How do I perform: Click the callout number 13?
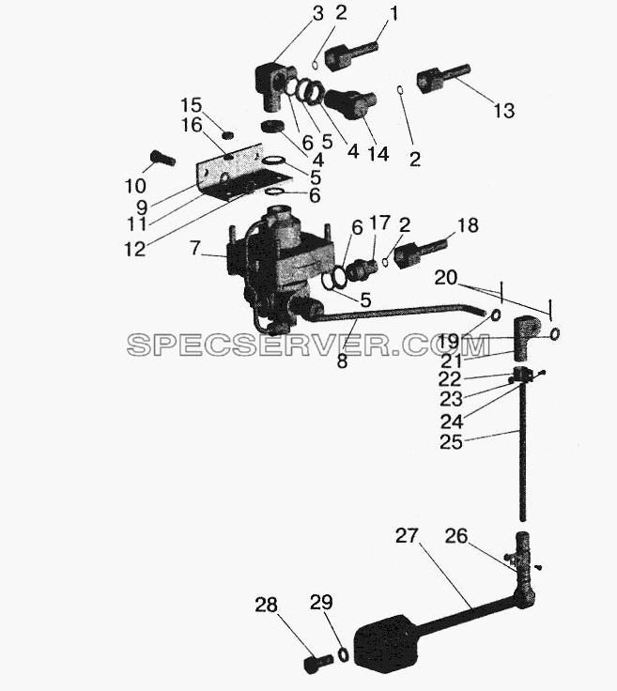coord(503,110)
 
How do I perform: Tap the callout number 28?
coord(266,605)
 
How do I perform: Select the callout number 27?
coord(406,536)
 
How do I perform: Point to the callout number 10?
coord(135,187)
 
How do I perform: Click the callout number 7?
coord(195,248)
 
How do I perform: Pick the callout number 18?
coord(468,225)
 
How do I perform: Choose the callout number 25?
coord(451,442)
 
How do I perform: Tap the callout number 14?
coord(378,154)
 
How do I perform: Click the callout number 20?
coord(446,278)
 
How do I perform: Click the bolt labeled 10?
coord(162,158)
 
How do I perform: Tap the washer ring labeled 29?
coord(345,654)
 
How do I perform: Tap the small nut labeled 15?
coord(227,134)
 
